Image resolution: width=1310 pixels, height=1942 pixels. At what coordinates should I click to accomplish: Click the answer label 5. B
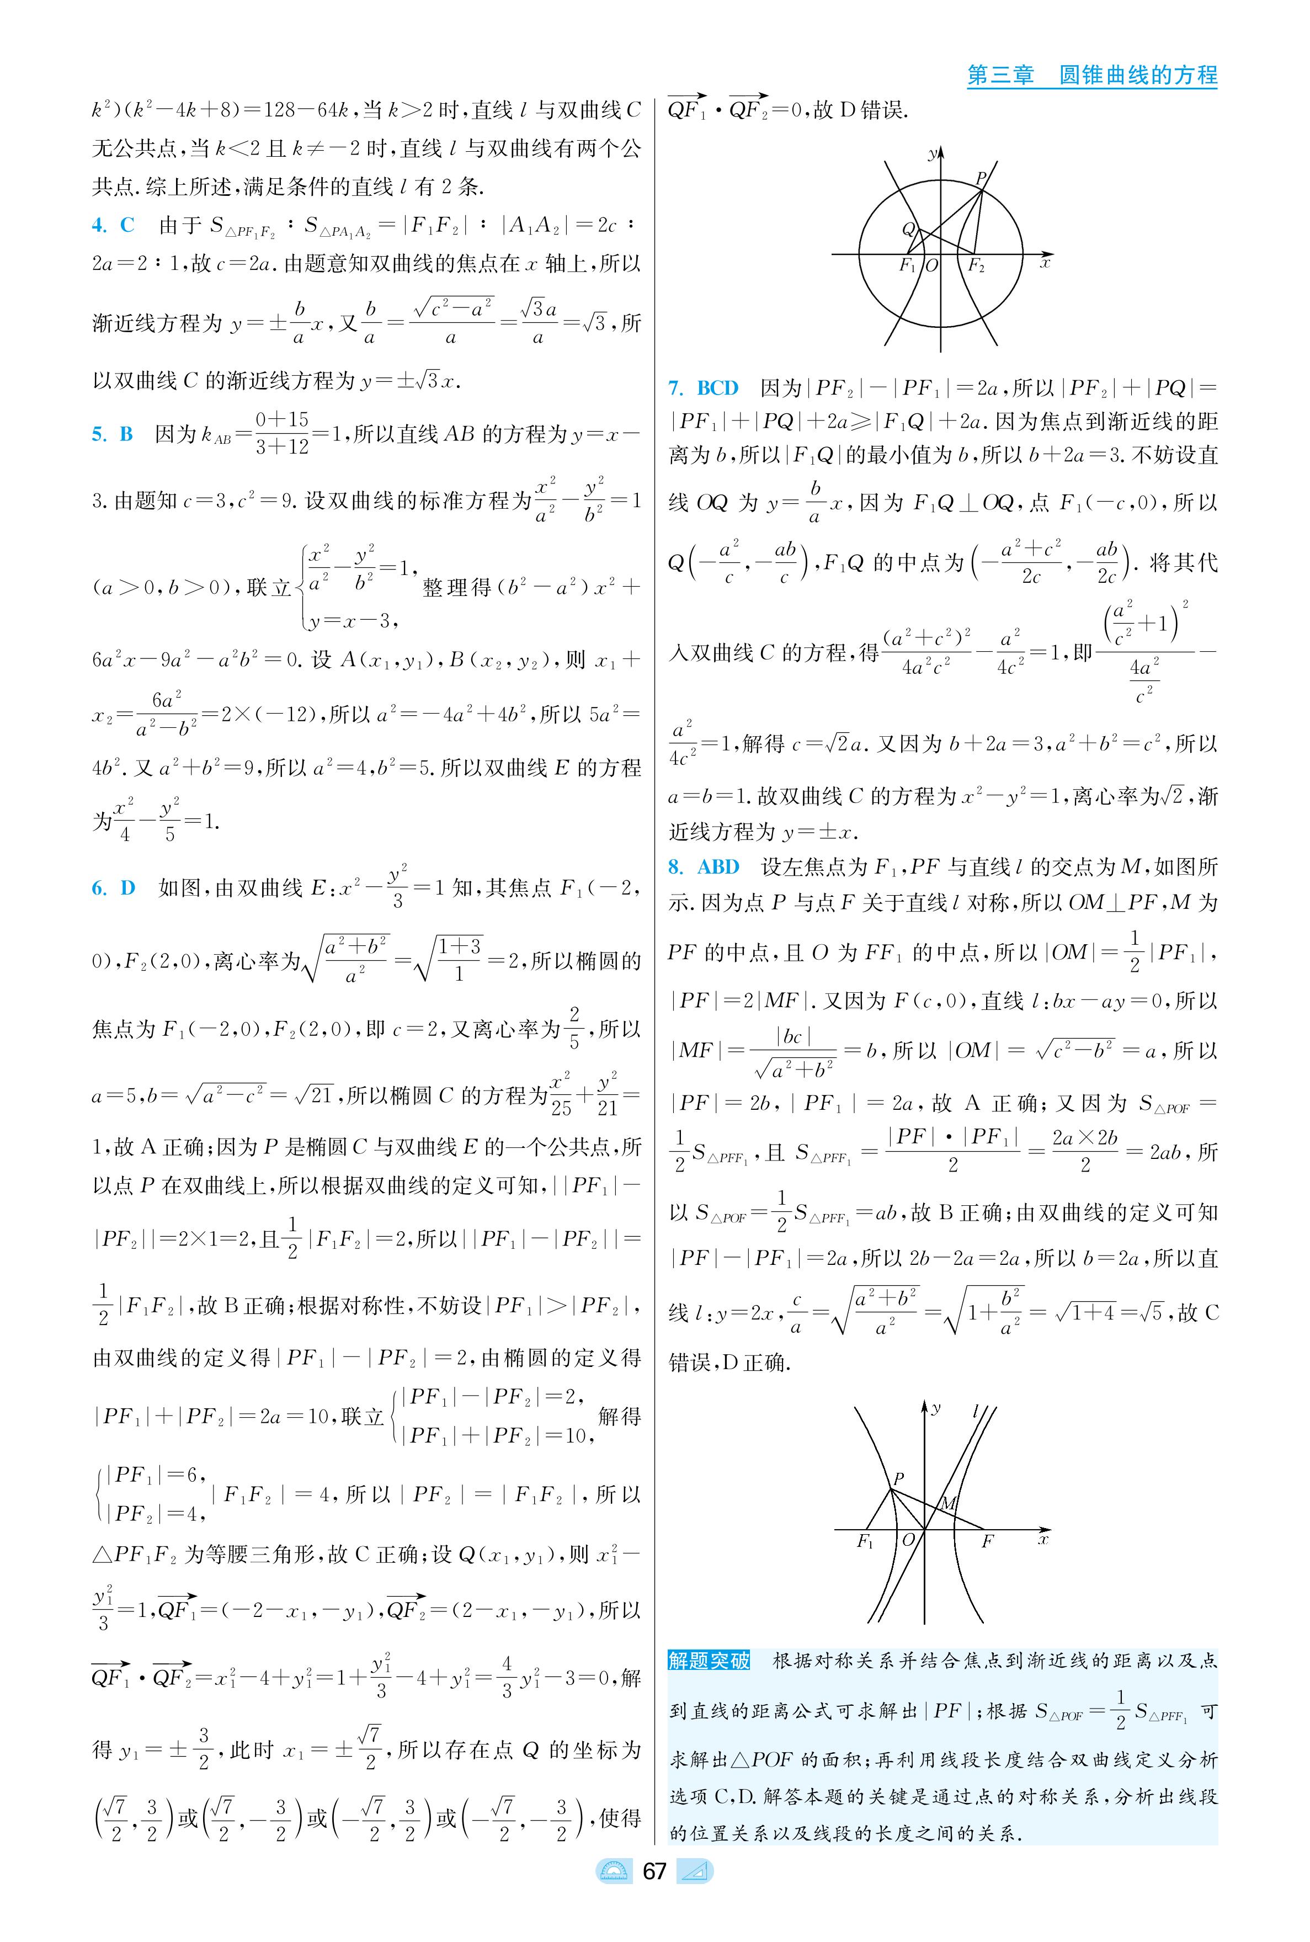112,434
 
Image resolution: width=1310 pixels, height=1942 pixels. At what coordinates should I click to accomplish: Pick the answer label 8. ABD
704,867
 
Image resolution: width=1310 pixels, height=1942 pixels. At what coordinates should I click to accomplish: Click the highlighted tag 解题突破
709,1659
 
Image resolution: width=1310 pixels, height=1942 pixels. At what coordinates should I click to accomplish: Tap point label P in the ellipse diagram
982,178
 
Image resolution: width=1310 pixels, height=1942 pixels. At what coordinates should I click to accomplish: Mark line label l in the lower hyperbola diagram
975,1412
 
